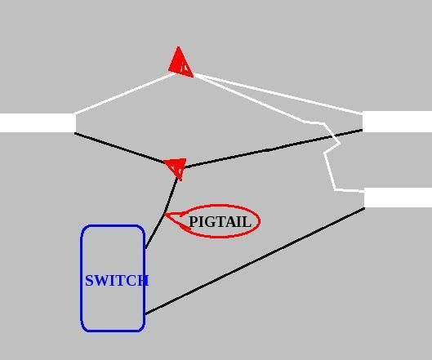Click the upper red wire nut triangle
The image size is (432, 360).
[180, 64]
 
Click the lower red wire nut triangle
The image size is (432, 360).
[176, 167]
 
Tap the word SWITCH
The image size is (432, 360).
[117, 281]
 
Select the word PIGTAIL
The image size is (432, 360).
[220, 222]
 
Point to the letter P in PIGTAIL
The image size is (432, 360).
[193, 222]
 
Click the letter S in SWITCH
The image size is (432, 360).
[89, 281]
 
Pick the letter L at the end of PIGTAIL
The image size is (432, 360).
[247, 222]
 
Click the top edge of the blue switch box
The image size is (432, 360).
[113, 225]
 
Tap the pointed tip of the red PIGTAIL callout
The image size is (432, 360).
[164, 214]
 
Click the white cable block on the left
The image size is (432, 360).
[38, 122]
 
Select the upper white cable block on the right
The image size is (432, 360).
[397, 122]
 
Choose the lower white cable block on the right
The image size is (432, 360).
[398, 198]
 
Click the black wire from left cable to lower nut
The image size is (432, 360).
[120, 148]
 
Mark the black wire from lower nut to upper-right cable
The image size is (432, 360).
[273, 149]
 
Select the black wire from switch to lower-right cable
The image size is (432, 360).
[255, 261]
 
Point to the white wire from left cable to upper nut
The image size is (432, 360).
[124, 93]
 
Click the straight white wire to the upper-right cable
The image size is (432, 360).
[278, 93]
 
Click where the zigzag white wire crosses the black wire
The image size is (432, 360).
[334, 136]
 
